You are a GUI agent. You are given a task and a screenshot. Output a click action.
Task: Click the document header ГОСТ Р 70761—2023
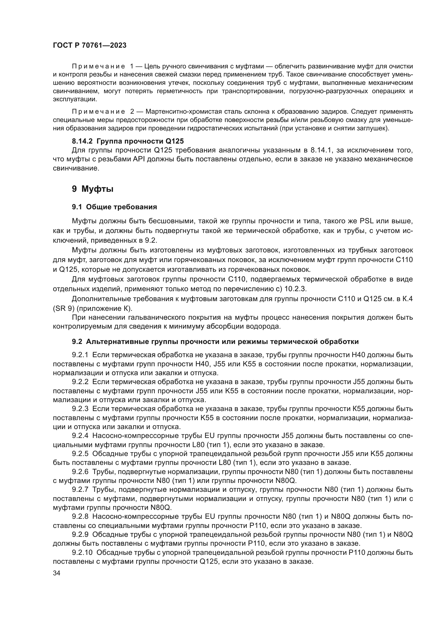(x=90, y=46)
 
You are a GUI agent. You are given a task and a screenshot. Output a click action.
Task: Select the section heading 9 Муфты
(x=93, y=189)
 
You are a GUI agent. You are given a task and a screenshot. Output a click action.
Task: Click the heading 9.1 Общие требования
(x=114, y=207)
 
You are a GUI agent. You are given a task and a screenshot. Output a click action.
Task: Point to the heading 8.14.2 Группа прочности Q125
(x=128, y=141)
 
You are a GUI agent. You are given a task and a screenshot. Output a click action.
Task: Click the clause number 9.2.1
(x=80, y=355)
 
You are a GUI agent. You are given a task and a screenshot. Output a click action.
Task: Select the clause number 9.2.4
(x=80, y=436)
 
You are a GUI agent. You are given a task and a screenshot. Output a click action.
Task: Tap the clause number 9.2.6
(x=80, y=472)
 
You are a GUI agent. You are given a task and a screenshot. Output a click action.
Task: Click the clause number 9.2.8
(x=80, y=516)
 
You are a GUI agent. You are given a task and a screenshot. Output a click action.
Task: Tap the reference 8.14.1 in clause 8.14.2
(x=322, y=150)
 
